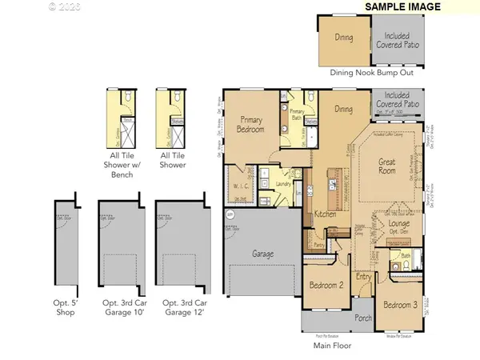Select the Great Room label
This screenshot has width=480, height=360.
(387, 166)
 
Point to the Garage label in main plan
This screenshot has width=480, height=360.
(263, 254)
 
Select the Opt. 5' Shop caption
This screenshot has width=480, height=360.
(66, 308)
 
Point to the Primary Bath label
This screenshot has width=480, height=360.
(297, 113)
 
